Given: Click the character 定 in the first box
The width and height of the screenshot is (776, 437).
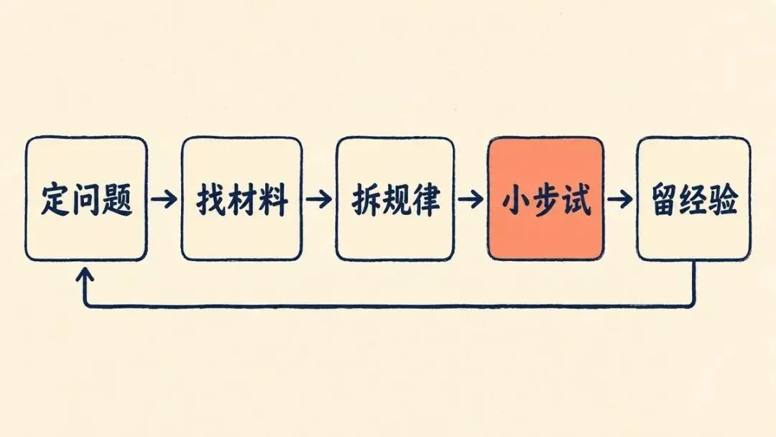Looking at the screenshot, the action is [55, 199].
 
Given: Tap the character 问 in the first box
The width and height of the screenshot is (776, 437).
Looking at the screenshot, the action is [86, 199].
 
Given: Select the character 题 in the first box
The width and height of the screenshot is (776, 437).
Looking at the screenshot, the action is [117, 199].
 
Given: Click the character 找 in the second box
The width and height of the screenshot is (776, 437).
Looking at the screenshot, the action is [211, 199].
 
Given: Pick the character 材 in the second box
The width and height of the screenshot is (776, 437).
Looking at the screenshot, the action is [242, 199].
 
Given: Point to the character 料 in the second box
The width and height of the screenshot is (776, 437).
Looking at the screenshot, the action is [273, 199].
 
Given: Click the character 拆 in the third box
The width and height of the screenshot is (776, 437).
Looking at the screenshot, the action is [366, 199].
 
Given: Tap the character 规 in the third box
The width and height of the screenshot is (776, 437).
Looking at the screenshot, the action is [397, 199].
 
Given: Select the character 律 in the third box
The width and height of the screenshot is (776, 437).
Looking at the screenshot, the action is [426, 199].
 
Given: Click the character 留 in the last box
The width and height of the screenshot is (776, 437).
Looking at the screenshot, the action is [665, 199].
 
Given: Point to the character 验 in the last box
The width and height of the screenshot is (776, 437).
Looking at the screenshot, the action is [724, 199].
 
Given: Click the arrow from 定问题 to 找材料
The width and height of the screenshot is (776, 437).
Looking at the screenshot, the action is [165, 199].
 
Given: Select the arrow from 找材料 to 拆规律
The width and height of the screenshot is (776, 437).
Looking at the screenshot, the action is [319, 199].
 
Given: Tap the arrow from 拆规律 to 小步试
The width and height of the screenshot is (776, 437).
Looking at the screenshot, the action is [471, 199].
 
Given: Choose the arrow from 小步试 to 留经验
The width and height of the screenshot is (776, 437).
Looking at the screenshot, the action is [620, 199].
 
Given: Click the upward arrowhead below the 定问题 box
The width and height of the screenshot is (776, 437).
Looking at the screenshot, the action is [85, 275].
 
